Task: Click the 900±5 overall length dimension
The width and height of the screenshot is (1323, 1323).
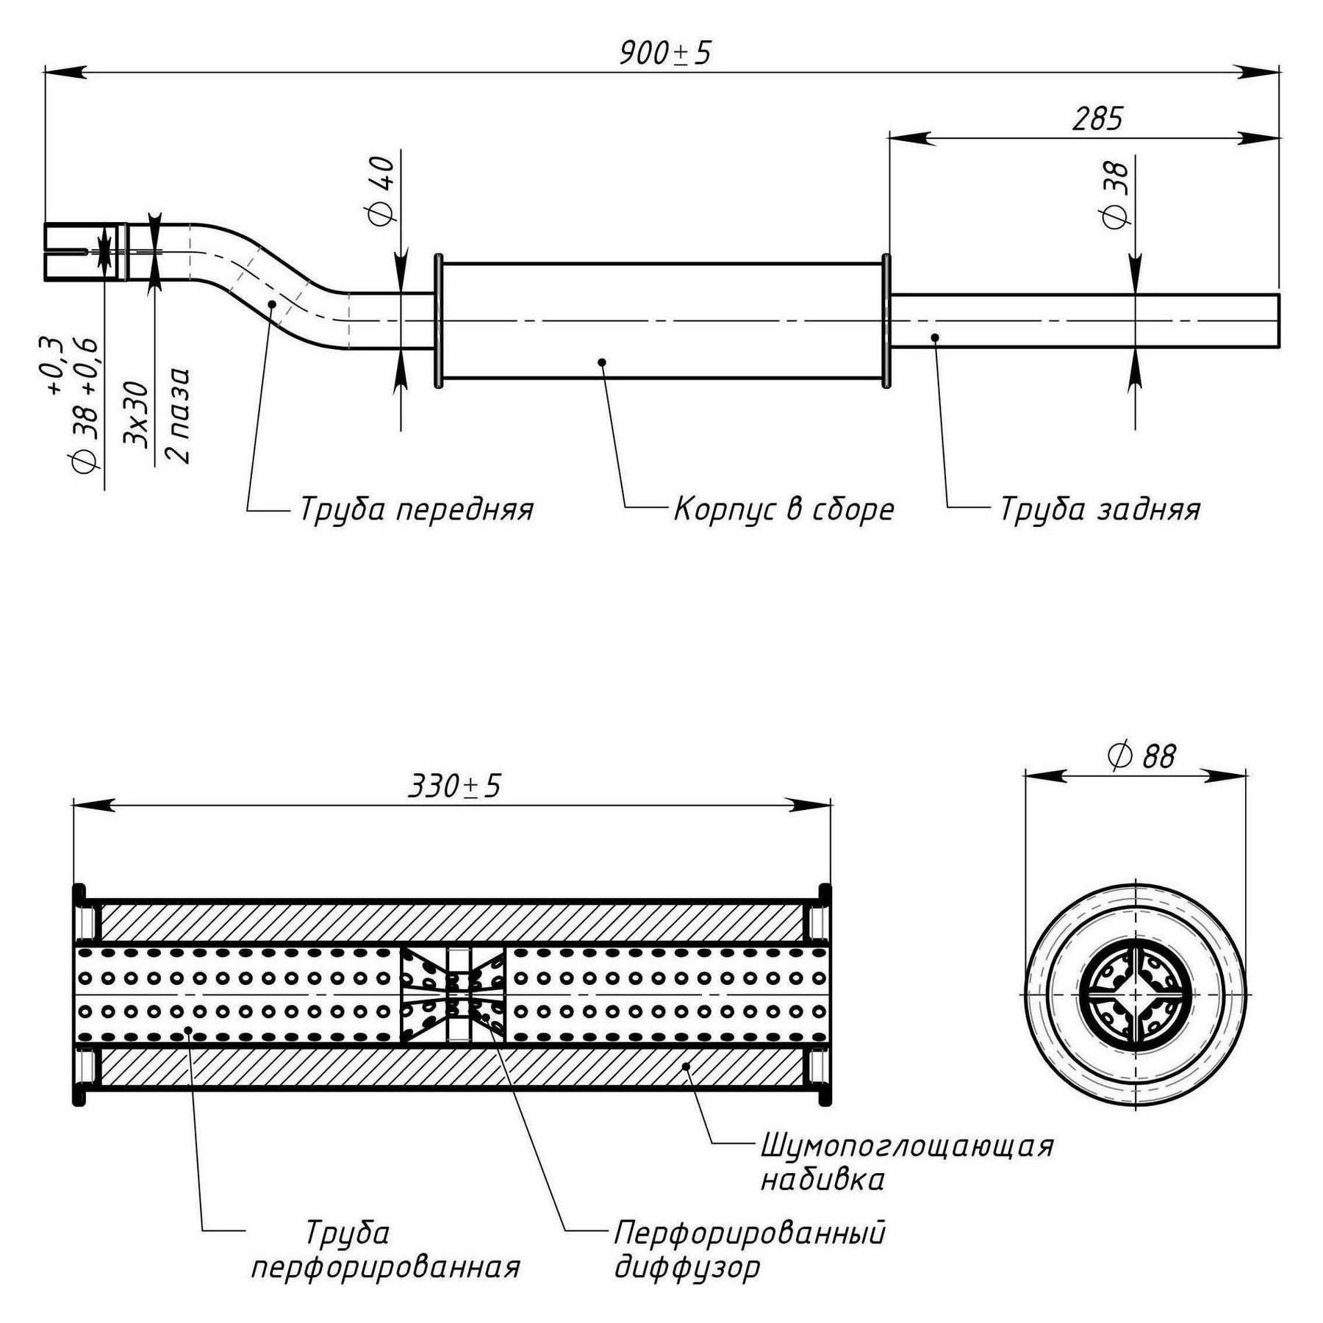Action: [665, 53]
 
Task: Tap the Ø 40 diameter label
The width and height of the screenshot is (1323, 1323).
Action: [381, 190]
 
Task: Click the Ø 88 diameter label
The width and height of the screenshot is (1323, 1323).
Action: [1141, 756]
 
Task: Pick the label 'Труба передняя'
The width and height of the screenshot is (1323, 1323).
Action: [416, 509]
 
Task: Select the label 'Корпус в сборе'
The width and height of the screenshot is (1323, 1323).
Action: [784, 509]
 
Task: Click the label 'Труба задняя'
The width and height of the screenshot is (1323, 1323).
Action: [1100, 509]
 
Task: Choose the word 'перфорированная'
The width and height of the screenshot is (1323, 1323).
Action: [386, 1267]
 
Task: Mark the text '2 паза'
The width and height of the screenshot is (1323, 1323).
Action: [179, 415]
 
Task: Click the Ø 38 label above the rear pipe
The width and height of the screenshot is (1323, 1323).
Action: [1116, 195]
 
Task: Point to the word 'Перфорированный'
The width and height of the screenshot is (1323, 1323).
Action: [750, 1233]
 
